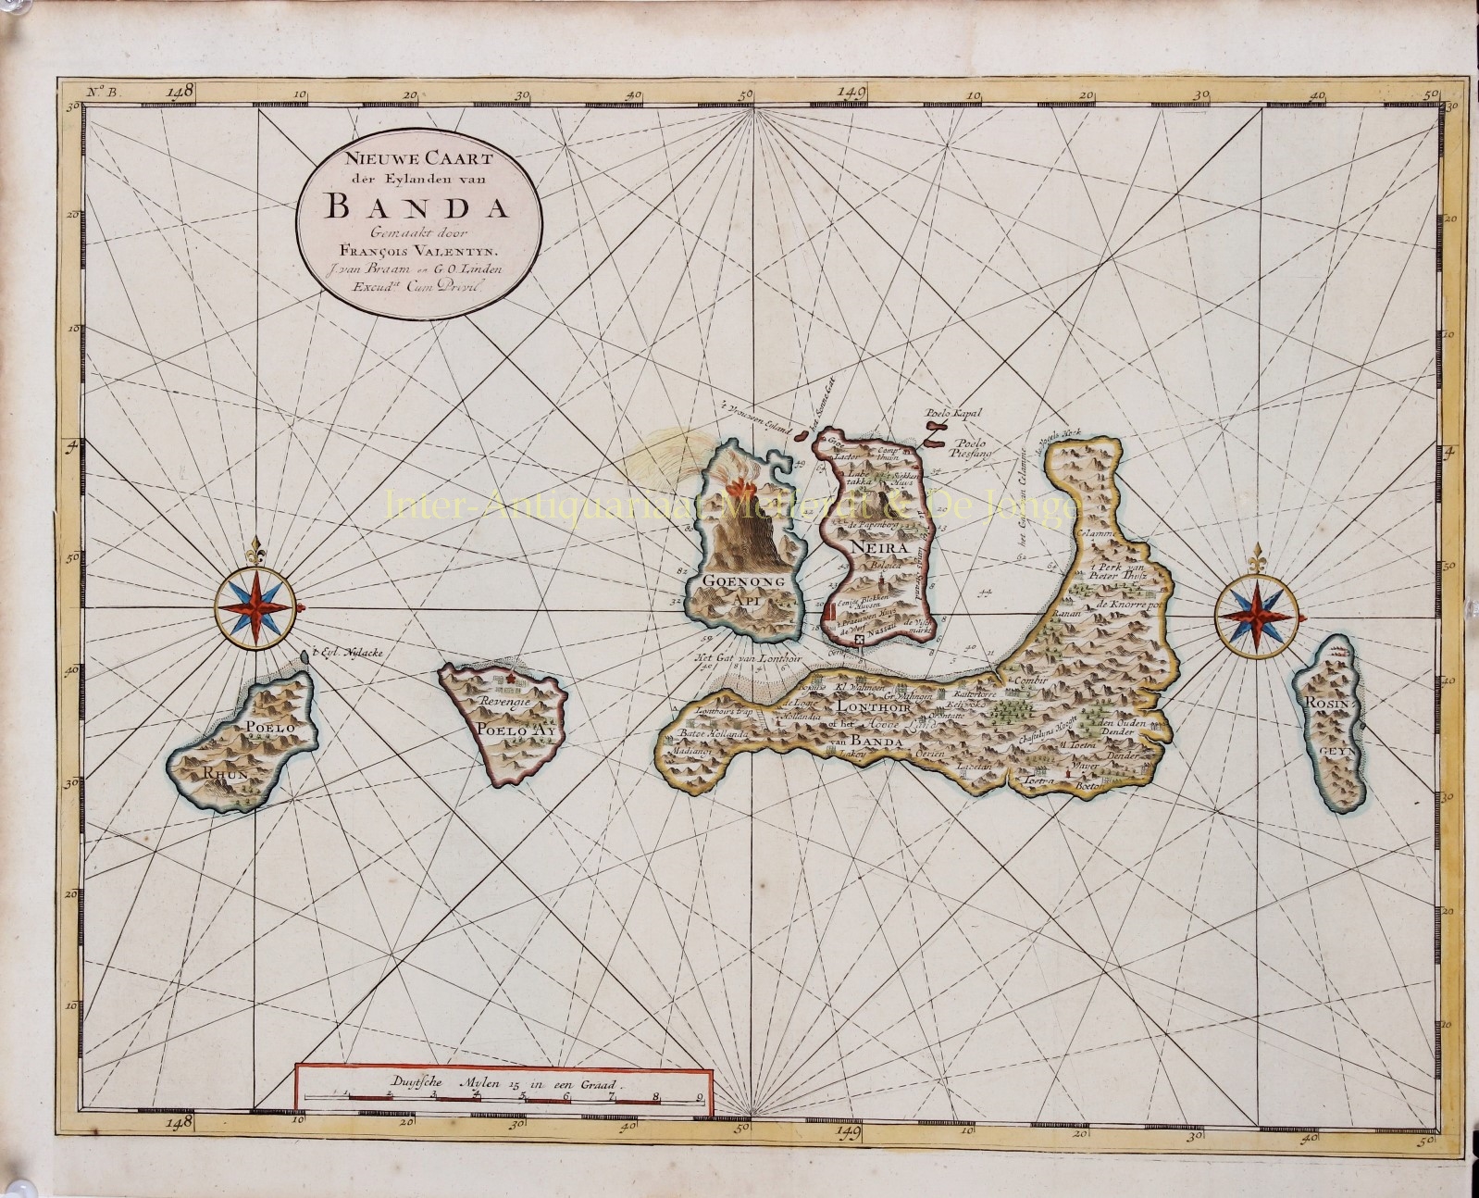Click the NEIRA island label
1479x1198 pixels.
(868, 547)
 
